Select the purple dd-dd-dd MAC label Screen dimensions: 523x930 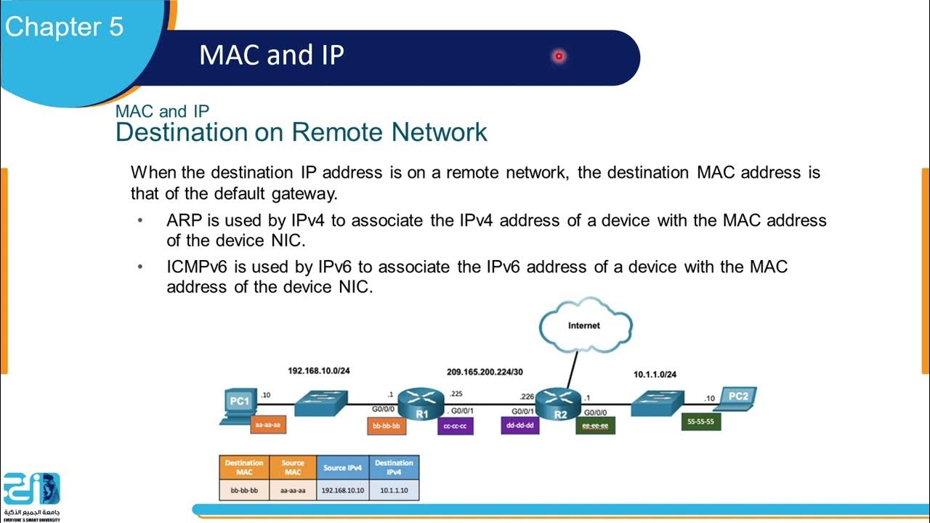[x=519, y=425]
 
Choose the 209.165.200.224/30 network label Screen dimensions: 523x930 [x=485, y=372]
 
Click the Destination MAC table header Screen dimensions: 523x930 [x=244, y=467]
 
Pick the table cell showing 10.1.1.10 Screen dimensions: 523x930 [x=393, y=490]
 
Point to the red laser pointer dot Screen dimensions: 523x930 [x=559, y=56]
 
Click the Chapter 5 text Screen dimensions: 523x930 [x=65, y=27]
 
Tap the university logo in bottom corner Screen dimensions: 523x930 [x=31, y=494]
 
